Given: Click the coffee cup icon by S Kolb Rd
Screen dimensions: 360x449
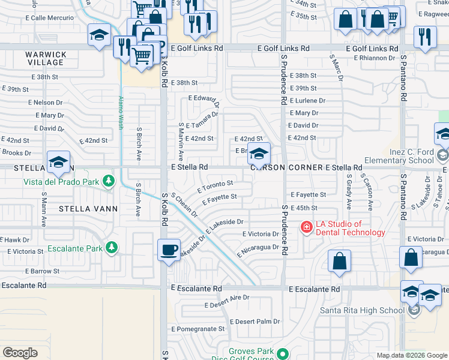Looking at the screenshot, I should coord(169,249).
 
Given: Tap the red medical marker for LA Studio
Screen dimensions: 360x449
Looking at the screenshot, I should coord(306,227).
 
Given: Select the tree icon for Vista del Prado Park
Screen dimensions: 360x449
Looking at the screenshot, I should coord(108,181).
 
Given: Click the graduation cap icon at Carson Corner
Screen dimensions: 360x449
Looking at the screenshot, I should coord(259,154).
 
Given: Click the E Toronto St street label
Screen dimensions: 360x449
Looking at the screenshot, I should coord(214,185).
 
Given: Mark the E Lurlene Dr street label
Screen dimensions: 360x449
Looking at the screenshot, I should coord(307,101).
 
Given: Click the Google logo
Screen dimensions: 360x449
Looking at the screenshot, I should coord(20,353).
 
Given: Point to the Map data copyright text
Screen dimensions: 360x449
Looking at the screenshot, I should coord(411,355).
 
